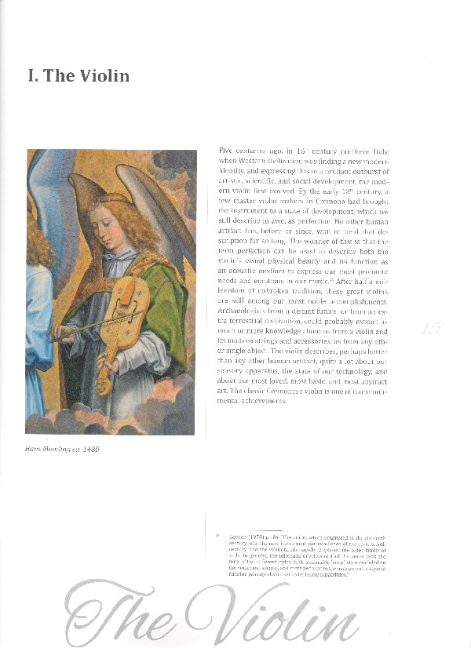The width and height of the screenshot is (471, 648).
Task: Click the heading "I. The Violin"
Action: click(78, 76)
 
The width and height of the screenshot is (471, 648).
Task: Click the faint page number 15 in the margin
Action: click(430, 329)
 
